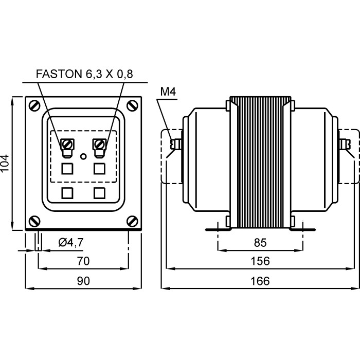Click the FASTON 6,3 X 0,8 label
(x=84, y=74)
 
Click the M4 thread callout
(x=168, y=92)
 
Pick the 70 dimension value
(x=83, y=261)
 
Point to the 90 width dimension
(x=83, y=281)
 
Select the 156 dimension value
(x=260, y=261)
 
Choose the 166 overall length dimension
(x=260, y=281)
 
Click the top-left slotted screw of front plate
(x=34, y=105)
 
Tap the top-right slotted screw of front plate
(x=133, y=105)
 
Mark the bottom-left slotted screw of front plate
(x=34, y=221)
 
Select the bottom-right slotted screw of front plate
(x=133, y=221)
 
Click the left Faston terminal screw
(x=67, y=144)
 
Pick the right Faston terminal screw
(x=100, y=144)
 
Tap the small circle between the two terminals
(x=83, y=155)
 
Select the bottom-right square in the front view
(x=100, y=193)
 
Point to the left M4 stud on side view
(x=176, y=144)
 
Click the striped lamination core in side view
(x=260, y=162)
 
